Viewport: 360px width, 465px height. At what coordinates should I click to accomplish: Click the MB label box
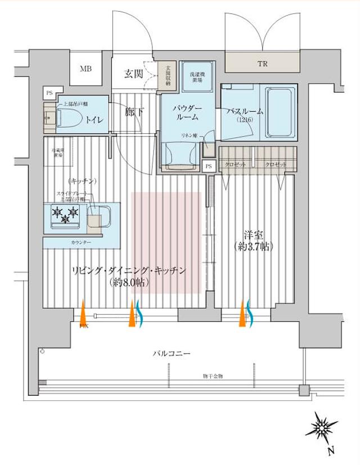click(85, 70)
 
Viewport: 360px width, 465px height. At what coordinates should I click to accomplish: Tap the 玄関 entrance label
click(133, 73)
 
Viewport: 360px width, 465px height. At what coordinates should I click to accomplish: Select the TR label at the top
click(262, 64)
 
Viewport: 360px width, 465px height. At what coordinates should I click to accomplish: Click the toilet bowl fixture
click(67, 117)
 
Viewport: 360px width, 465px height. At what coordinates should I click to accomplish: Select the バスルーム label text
click(241, 112)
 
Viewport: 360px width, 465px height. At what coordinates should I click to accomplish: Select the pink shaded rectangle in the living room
click(166, 242)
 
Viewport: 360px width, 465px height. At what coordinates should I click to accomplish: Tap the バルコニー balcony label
click(172, 354)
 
